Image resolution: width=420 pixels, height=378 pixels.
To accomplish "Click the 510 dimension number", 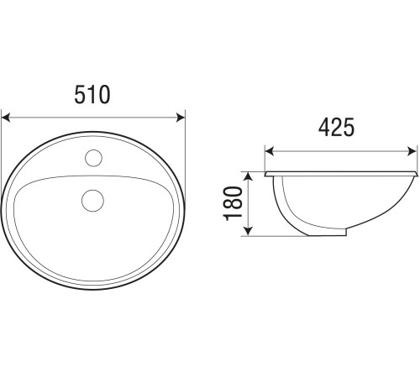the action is click(x=92, y=95).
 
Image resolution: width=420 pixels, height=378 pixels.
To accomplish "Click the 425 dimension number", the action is click(x=336, y=128).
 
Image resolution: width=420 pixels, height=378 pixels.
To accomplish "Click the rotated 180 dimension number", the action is click(x=233, y=203).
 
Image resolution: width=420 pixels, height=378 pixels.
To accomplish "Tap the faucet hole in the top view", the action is click(x=93, y=158).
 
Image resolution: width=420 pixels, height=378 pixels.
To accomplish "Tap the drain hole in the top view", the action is click(x=92, y=201).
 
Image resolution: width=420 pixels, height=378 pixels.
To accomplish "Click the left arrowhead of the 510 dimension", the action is click(x=6, y=118).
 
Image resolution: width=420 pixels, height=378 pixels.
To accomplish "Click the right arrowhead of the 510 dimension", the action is click(x=181, y=118).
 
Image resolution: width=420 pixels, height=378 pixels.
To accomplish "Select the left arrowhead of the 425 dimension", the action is click(x=269, y=151).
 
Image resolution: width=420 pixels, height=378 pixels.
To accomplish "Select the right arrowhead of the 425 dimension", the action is click(x=412, y=151).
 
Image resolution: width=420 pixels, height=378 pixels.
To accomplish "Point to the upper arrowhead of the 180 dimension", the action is click(x=248, y=176).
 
